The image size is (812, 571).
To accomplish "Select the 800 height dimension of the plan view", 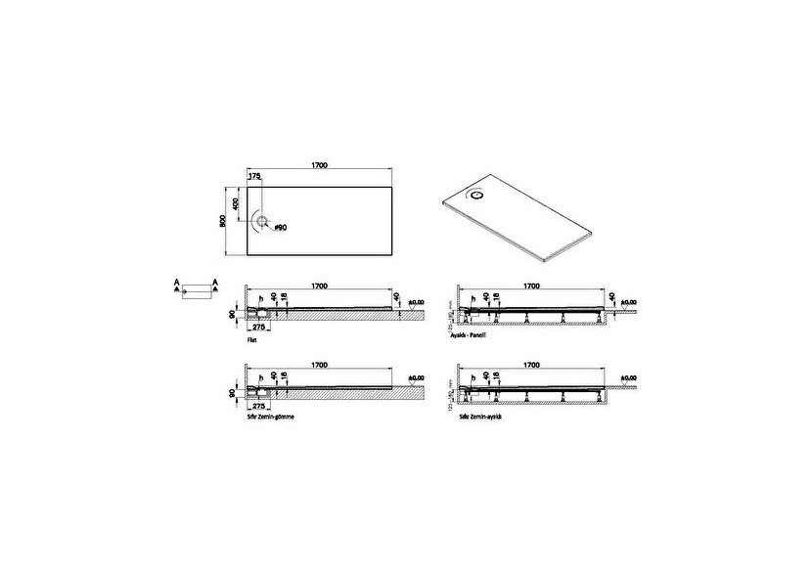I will [x=224, y=221].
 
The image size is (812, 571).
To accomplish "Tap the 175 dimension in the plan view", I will [x=255, y=177].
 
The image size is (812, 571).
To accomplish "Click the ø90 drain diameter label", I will [x=280, y=227].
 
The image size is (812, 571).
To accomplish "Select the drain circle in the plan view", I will [x=262, y=221].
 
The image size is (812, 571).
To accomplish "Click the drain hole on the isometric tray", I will [x=477, y=195].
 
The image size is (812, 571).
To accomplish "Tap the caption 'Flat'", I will [x=251, y=331].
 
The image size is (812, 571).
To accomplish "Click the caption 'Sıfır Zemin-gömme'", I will [x=271, y=416].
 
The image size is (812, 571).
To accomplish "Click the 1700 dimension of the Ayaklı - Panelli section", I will [x=530, y=285].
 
